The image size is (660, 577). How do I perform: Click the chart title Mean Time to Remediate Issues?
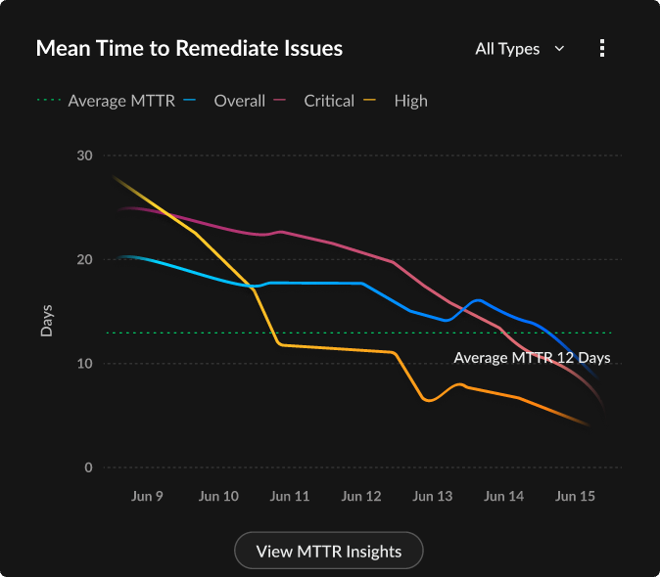pos(189,48)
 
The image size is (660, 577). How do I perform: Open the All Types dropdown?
pos(519,48)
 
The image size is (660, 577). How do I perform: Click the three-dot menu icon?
pos(602,48)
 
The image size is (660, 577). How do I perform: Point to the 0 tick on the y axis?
pos(87,467)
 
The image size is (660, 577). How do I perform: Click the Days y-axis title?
pos(46,320)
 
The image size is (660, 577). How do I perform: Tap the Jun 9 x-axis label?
pos(147,497)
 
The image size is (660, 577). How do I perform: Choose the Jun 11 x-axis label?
pos(290,497)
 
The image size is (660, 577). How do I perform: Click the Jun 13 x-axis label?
pos(433,497)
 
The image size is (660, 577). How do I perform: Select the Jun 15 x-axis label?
pos(575,497)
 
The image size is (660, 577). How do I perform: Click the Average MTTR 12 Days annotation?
pos(532,358)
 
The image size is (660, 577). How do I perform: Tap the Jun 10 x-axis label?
pos(218,497)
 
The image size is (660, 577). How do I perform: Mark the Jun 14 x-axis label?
pos(503,497)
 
